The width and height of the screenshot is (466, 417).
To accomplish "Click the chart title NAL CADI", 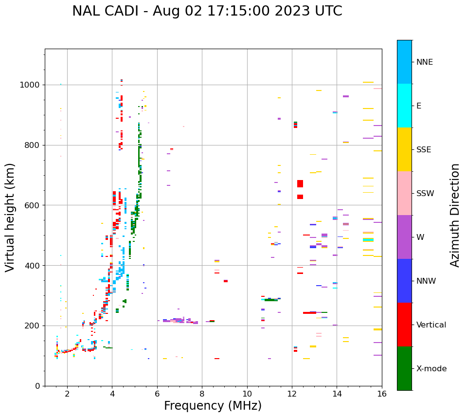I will (207, 11).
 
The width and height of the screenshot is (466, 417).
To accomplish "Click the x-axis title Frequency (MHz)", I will (213, 406).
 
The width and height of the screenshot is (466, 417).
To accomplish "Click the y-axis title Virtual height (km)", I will (10, 217).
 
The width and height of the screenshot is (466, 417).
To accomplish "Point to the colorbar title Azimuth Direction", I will (455, 215).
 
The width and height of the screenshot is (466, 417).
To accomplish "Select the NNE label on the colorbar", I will (425, 62).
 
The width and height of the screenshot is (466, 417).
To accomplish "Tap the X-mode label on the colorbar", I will (431, 368).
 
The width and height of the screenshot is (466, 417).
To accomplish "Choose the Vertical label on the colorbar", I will (431, 325).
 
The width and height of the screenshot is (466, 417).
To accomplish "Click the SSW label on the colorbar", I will (425, 193).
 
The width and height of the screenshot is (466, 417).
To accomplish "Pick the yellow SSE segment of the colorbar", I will (404, 149).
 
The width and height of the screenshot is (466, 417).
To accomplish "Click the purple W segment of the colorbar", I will (404, 237).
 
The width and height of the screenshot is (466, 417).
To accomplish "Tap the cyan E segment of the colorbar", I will (404, 106).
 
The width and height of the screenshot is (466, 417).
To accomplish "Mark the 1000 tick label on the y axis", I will (31, 85).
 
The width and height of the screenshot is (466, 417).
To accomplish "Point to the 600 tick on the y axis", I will (34, 205).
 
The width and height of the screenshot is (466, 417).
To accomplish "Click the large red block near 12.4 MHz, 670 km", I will (300, 183).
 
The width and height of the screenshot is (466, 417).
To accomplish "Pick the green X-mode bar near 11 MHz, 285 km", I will (270, 300).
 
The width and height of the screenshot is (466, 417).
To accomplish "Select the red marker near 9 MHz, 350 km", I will (226, 281).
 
